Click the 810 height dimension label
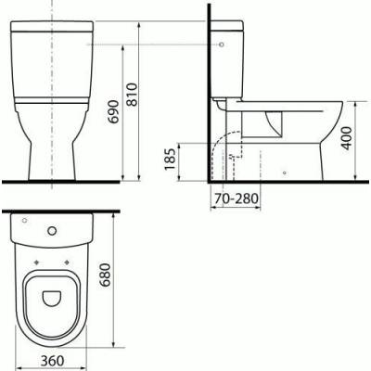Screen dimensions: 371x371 133,95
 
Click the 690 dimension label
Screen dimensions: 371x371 114,111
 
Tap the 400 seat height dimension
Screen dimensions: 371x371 346,138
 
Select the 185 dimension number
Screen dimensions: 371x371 170,160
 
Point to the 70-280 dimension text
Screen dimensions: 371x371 237,198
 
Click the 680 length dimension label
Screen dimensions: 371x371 106,275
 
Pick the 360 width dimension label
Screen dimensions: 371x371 53,361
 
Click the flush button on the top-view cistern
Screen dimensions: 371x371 52,231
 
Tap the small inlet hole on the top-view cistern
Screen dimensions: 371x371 25,221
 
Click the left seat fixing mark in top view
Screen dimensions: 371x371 37,262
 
